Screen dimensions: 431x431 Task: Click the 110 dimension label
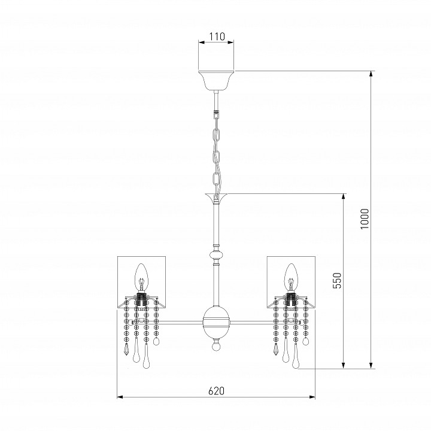(x=217, y=37)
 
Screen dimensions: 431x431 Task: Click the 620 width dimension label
(x=216, y=390)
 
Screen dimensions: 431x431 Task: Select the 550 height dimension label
(x=336, y=281)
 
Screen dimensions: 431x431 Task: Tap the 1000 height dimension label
(x=365, y=219)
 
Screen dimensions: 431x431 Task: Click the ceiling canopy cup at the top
(x=216, y=80)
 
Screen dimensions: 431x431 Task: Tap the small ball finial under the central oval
(x=216, y=345)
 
